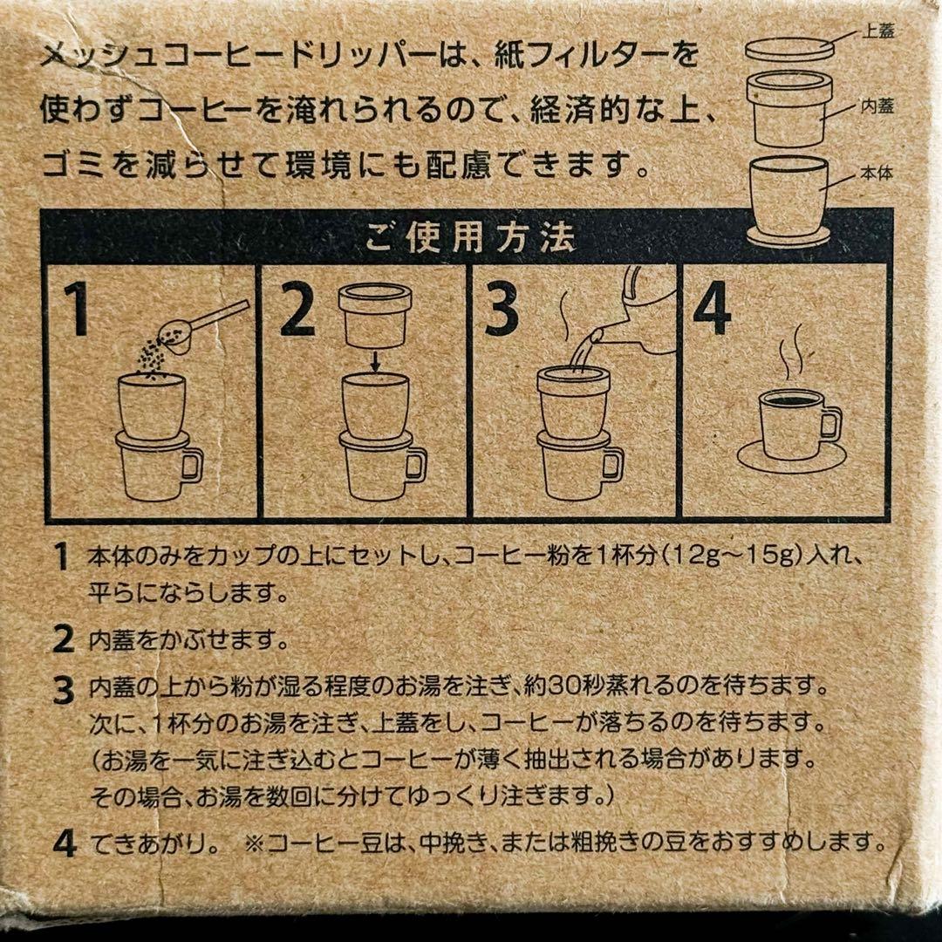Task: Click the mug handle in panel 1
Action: (194, 464)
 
